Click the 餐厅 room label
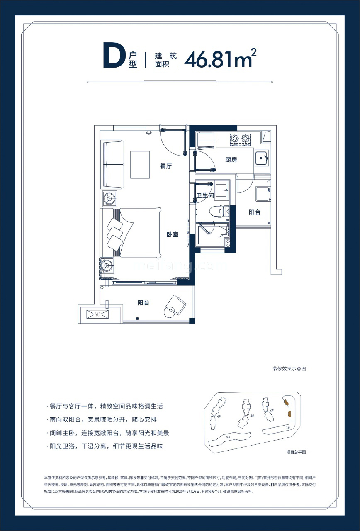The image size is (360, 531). coord(166,166)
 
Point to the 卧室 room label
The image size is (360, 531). coord(173,235)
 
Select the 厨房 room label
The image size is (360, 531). coord(231,159)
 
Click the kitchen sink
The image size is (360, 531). coord(262,157)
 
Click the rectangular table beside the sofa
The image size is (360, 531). coord(140,165)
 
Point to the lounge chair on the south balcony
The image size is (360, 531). coord(175,305)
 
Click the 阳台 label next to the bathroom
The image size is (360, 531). coord(255,212)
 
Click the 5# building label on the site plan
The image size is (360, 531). coord(228,437)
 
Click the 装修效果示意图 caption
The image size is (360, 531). coord(289,368)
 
